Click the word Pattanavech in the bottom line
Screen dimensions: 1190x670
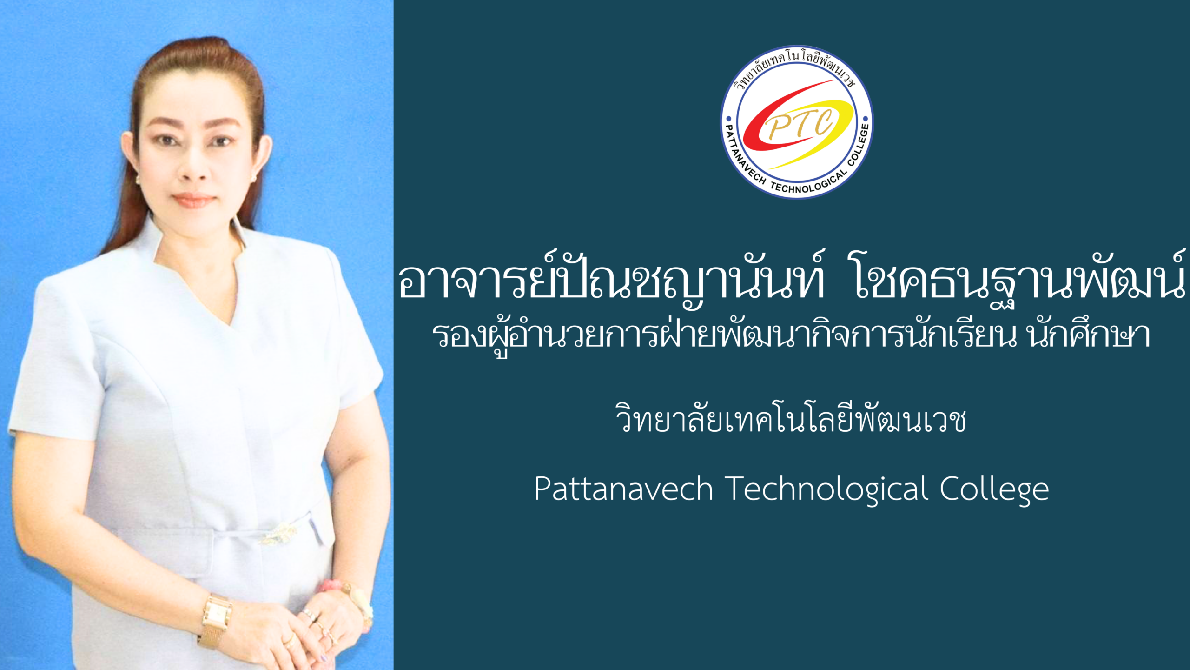623,489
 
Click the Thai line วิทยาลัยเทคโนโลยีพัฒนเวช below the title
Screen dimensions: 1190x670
790,417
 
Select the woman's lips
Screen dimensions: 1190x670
193,200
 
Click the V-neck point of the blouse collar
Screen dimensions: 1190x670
231,324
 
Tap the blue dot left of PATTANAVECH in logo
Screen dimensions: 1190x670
728,119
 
